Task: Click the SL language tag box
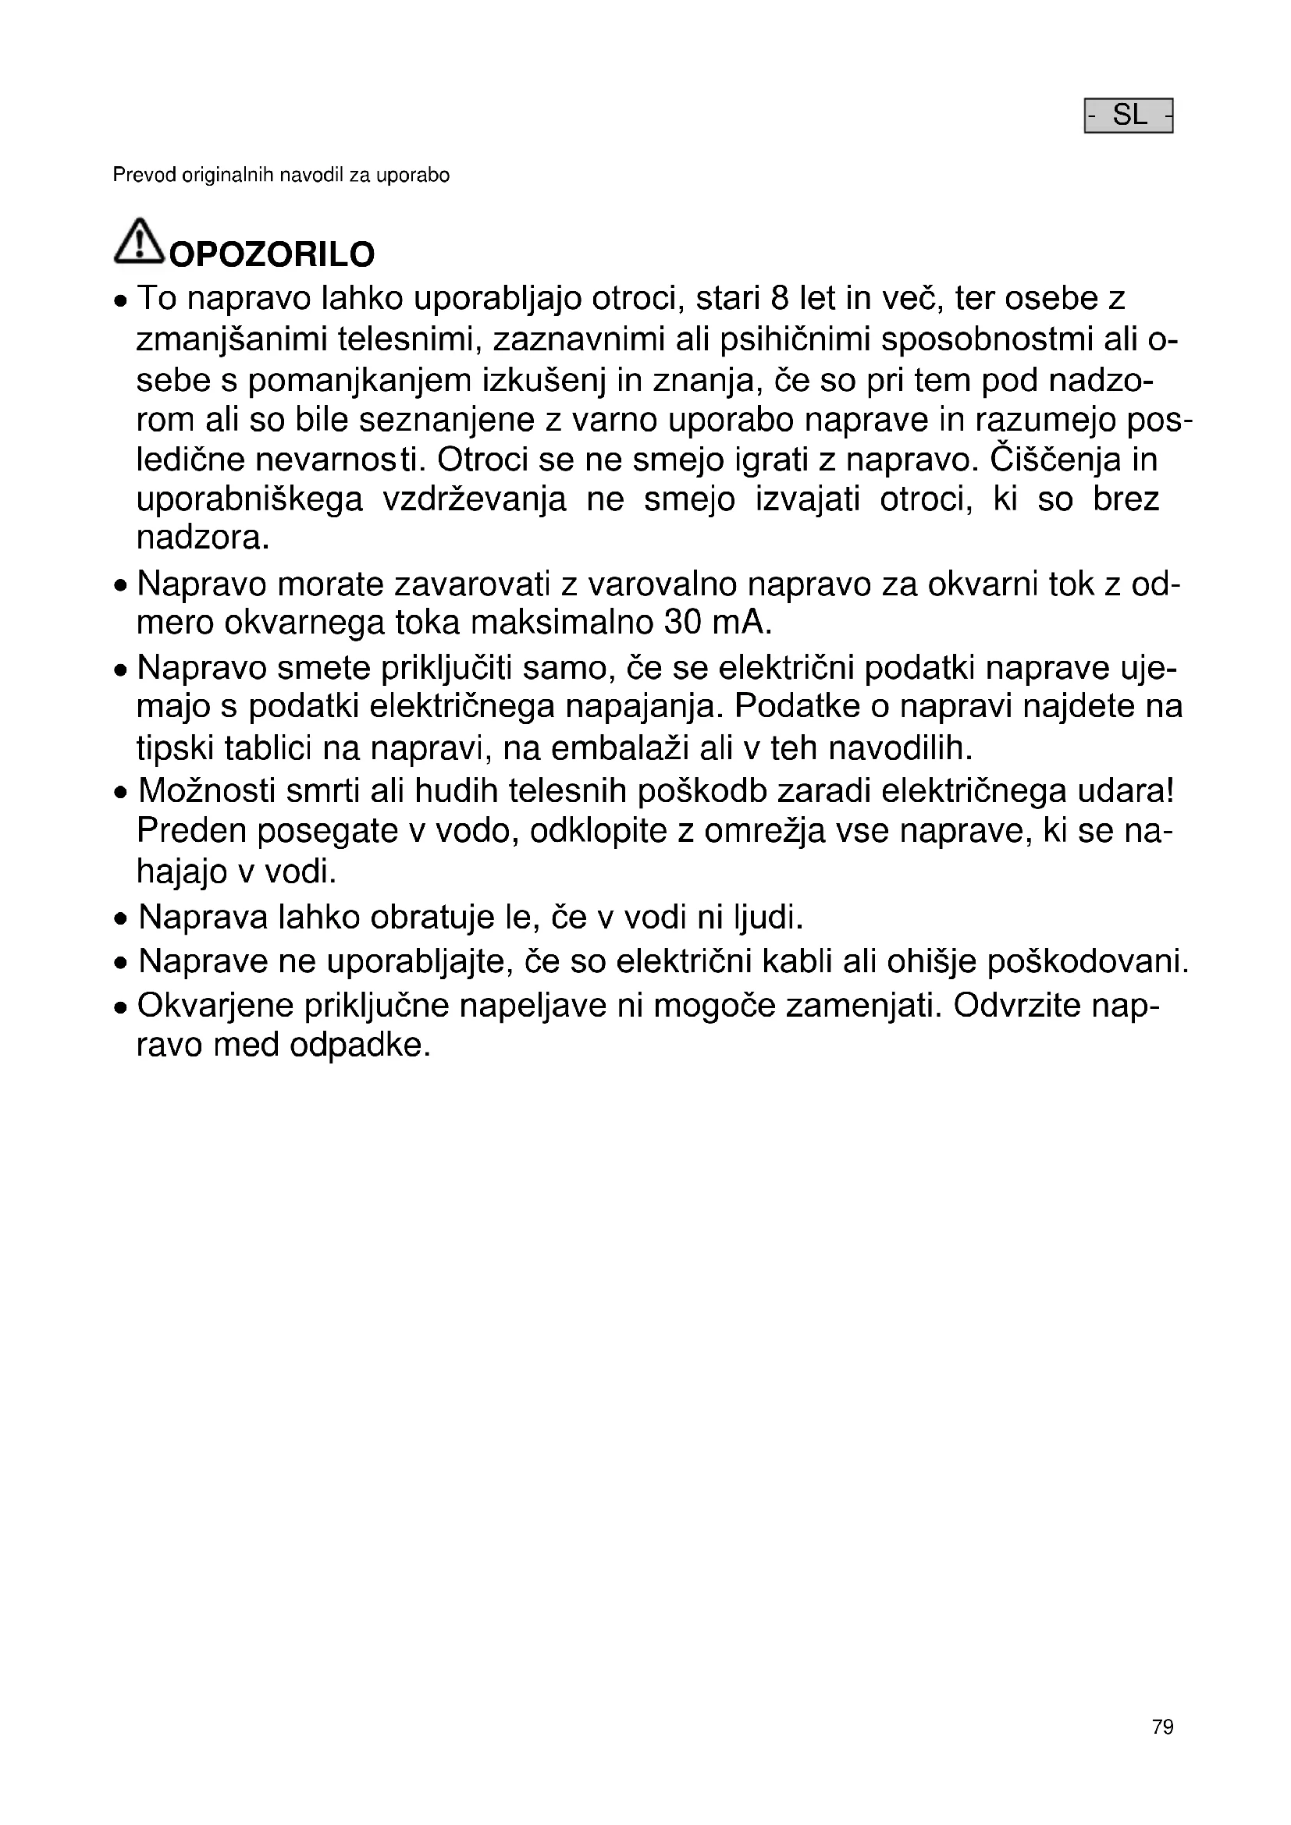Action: [1128, 116]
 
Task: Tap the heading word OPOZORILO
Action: [272, 255]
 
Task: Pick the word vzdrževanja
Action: [475, 500]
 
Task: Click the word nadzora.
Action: [203, 539]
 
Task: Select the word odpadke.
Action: [359, 1046]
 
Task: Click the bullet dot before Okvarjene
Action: [120, 1009]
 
